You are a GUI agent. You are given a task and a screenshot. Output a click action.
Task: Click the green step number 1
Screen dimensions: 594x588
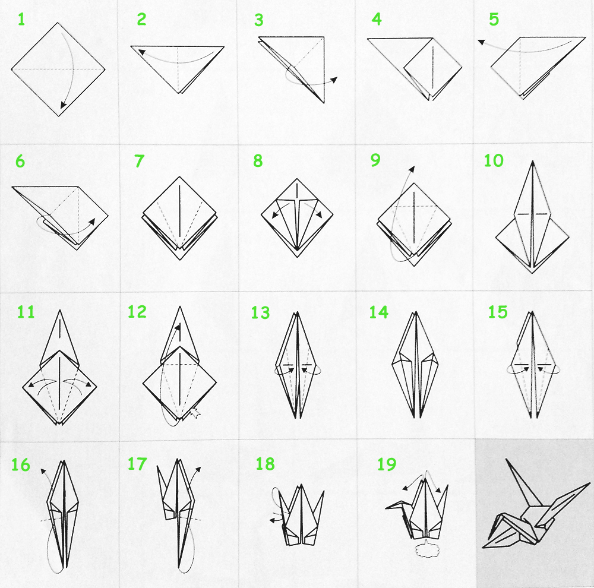[x=21, y=20]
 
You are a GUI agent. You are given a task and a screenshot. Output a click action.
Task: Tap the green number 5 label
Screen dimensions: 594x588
[x=494, y=20]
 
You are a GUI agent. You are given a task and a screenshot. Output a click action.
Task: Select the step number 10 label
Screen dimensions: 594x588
[x=494, y=160]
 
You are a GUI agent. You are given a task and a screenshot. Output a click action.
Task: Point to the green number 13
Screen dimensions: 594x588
[x=260, y=313]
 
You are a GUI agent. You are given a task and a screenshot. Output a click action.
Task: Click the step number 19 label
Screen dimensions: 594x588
[x=387, y=464]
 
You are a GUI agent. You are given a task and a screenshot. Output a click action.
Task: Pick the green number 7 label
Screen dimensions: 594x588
[x=139, y=161]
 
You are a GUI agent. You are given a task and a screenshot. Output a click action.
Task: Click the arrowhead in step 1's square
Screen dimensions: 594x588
[x=64, y=105]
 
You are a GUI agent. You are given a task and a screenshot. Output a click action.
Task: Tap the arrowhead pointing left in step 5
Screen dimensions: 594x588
[x=481, y=42]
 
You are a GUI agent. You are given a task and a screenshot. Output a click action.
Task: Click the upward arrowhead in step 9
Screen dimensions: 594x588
[x=412, y=169]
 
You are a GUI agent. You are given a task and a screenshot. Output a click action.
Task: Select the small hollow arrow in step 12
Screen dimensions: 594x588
[x=195, y=413]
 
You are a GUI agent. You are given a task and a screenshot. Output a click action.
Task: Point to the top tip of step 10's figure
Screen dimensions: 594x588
[x=533, y=162]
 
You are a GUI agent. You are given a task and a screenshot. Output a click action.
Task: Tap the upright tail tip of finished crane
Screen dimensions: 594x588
[x=507, y=460]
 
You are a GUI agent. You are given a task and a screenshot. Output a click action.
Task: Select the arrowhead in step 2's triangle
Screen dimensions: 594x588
[x=141, y=52]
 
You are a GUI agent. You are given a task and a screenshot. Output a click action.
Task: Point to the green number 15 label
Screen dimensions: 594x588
[x=497, y=312]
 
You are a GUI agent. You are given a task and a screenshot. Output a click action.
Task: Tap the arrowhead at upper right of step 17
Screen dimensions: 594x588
[x=198, y=470]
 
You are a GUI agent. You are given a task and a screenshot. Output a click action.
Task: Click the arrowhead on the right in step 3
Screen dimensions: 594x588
[x=334, y=79]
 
